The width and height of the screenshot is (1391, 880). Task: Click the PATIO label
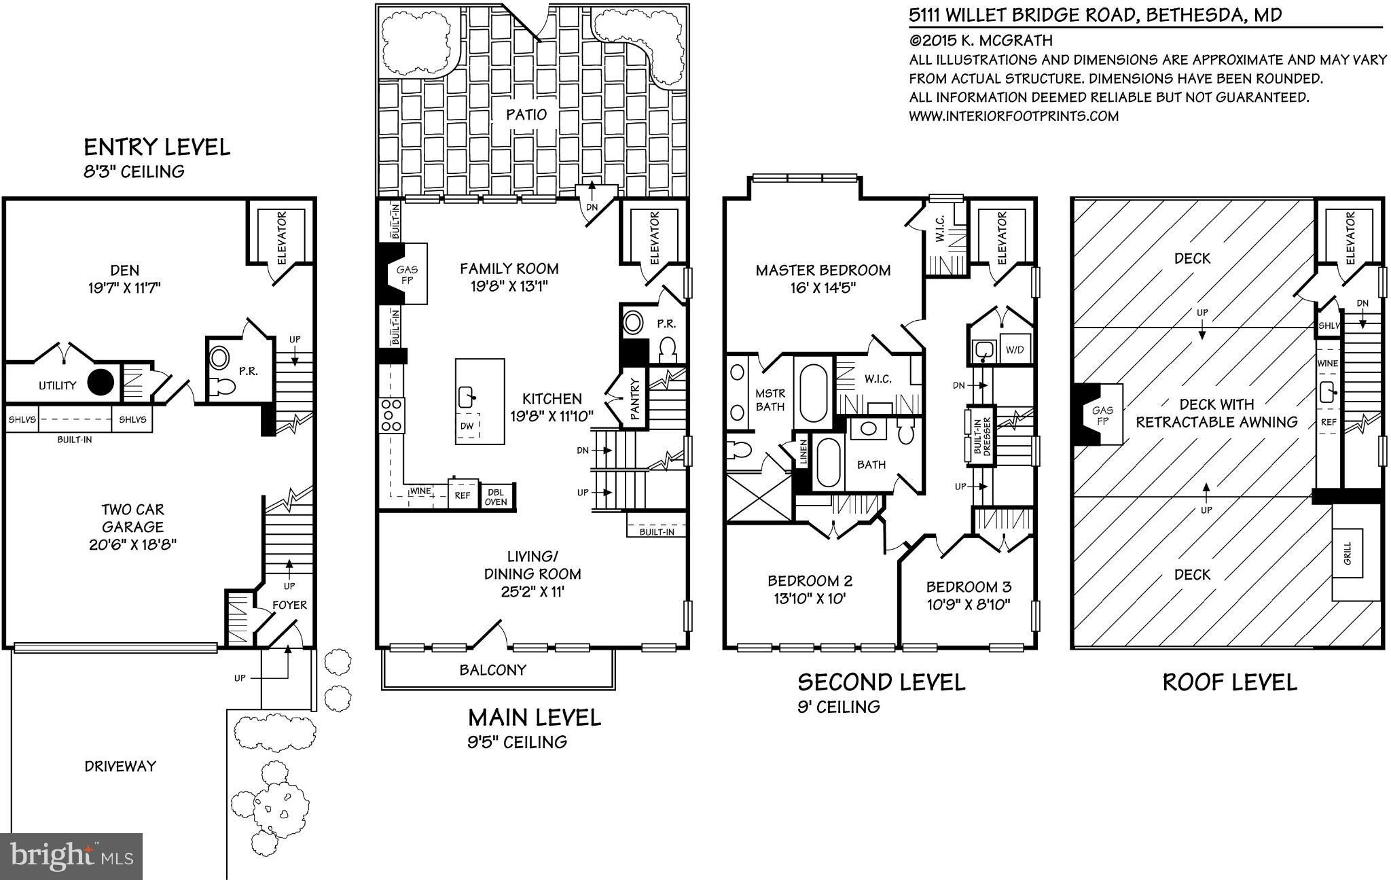(x=526, y=114)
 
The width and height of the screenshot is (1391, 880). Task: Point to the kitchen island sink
(x=467, y=395)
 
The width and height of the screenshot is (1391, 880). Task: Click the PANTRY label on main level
(x=636, y=402)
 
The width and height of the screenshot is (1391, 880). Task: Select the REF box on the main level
(x=462, y=495)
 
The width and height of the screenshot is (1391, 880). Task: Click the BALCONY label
(x=493, y=670)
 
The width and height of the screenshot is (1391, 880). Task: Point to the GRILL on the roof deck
(x=1348, y=553)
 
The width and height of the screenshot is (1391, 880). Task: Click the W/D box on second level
(x=1015, y=350)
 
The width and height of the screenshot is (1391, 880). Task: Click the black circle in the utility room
(x=102, y=383)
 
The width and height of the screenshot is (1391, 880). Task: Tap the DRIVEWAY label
(x=120, y=766)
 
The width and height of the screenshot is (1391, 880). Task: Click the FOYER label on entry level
(x=289, y=605)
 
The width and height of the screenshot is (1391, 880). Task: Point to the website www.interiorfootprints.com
(x=1013, y=116)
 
